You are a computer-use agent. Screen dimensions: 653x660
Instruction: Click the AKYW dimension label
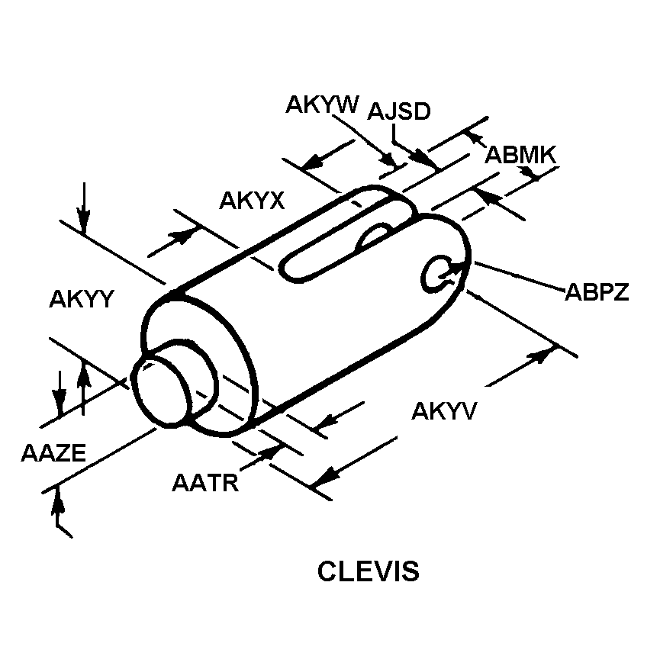point(321,105)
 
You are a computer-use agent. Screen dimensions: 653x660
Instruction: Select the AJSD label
point(399,111)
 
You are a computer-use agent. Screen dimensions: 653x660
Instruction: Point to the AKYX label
point(252,201)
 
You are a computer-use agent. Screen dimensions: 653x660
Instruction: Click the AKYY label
point(81,299)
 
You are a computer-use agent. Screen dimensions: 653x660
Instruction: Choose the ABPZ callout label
point(597,293)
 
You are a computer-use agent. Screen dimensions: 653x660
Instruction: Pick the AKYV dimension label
point(444,411)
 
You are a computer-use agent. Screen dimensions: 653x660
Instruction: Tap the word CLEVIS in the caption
point(369,571)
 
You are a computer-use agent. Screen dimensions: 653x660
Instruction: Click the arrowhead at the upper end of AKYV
point(542,352)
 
